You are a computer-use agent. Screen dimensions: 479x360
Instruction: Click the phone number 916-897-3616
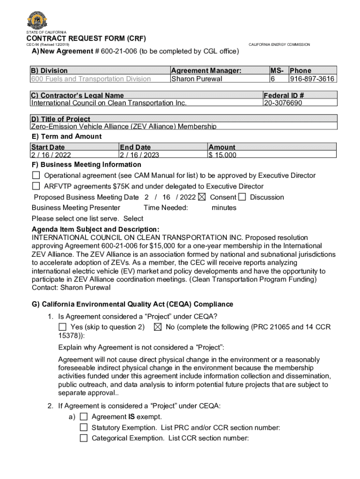312,79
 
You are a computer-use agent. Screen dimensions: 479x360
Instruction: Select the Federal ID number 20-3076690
283,103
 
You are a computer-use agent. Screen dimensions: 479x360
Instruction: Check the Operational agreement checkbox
36,175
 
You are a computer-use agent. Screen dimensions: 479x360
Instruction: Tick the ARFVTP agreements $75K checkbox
36,186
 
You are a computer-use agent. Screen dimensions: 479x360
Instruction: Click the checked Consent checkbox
202,197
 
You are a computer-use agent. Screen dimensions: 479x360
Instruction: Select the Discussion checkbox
242,197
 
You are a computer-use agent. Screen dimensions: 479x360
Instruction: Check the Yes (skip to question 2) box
62,327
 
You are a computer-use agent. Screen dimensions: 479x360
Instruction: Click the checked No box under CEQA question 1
158,327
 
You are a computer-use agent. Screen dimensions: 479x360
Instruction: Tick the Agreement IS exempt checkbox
84,416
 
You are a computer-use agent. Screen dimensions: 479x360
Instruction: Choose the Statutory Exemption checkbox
84,427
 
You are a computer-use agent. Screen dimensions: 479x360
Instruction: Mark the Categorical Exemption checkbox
84,438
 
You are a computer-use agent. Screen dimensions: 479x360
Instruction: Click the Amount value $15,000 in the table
223,155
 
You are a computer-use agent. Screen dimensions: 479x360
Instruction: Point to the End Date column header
135,147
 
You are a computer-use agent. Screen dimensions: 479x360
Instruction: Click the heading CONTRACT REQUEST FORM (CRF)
86,38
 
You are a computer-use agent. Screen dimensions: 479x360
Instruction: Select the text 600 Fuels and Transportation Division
91,79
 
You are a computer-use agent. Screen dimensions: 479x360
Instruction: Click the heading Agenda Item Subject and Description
95,229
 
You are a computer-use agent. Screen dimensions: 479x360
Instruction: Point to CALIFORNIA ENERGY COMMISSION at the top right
279,44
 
